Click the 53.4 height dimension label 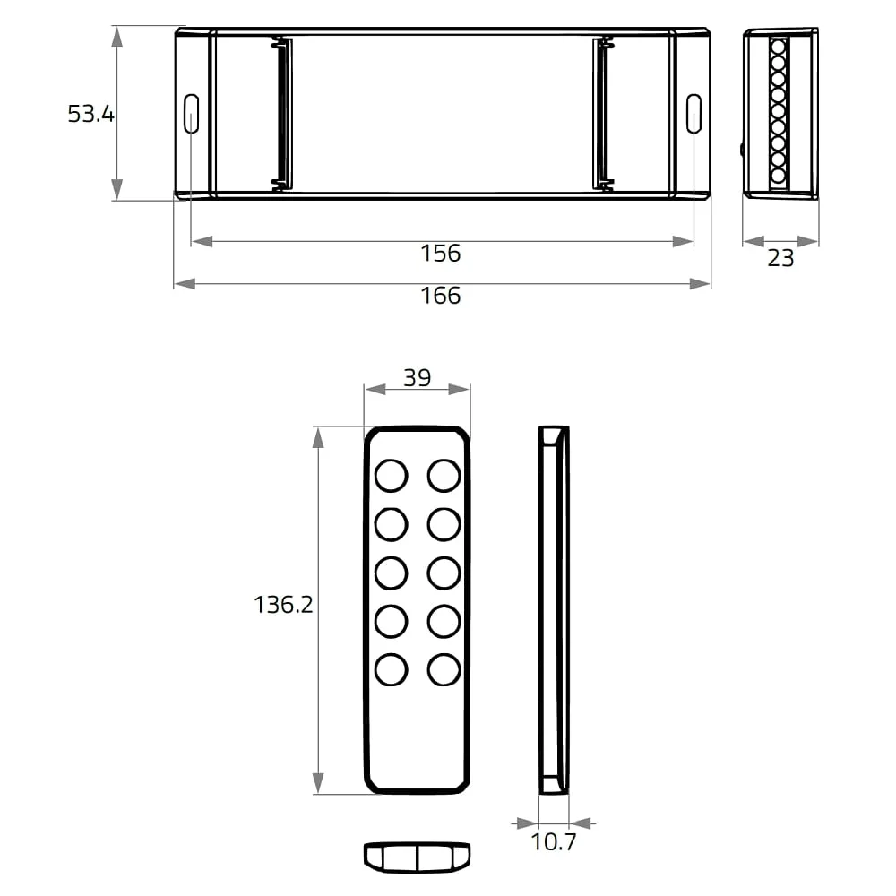pos(90,114)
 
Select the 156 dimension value pos(440,254)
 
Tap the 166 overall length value pos(440,296)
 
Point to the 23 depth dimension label pos(780,258)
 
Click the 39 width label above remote pos(418,378)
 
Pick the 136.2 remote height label pos(283,605)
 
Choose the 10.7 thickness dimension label pos(554,841)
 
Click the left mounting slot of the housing pos(191,114)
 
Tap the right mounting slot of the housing pos(694,114)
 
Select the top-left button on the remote pos(391,476)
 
